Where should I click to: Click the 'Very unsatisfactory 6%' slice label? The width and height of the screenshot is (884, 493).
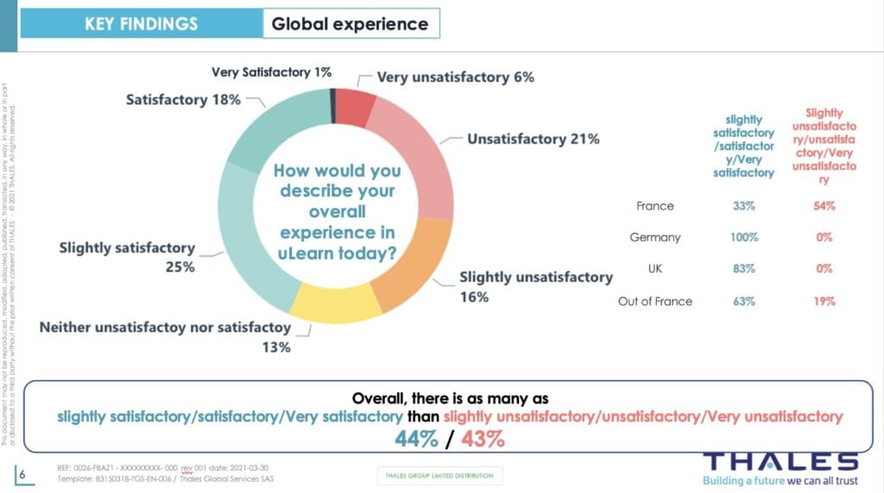pos(455,77)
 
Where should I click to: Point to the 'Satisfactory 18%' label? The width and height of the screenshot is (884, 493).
pos(183,100)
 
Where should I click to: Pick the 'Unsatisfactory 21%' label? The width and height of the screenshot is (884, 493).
pos(533,139)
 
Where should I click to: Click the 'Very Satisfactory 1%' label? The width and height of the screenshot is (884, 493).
pos(271,73)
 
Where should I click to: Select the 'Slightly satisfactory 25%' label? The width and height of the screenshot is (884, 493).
pos(127,257)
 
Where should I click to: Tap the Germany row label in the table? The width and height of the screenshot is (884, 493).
pos(655,237)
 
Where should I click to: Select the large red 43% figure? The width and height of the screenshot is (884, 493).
pos(483,438)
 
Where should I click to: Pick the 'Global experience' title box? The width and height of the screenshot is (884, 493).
pos(350,23)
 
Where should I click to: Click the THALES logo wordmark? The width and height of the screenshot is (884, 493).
pos(780,460)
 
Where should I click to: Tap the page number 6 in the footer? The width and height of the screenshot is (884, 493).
pos(22,474)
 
